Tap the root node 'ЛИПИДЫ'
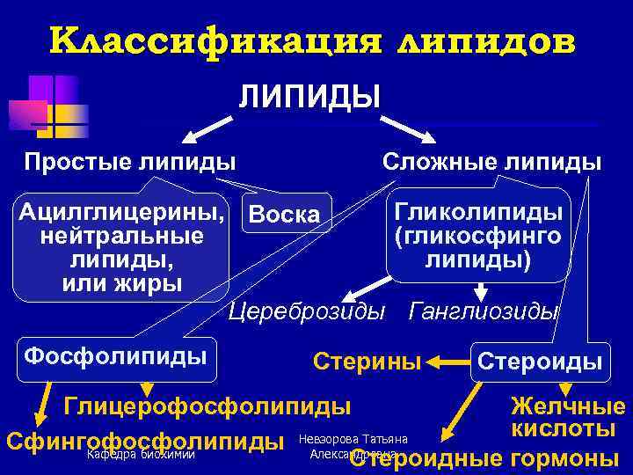click(309, 95)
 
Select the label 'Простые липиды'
click(129, 161)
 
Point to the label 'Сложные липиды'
click(491, 161)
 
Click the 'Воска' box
click(285, 214)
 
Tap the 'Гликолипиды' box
click(479, 237)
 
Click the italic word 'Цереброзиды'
click(306, 311)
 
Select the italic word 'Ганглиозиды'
click(484, 311)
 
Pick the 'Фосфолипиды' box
click(115, 355)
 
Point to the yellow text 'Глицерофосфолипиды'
click(207, 406)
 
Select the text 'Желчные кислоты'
click(567, 418)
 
